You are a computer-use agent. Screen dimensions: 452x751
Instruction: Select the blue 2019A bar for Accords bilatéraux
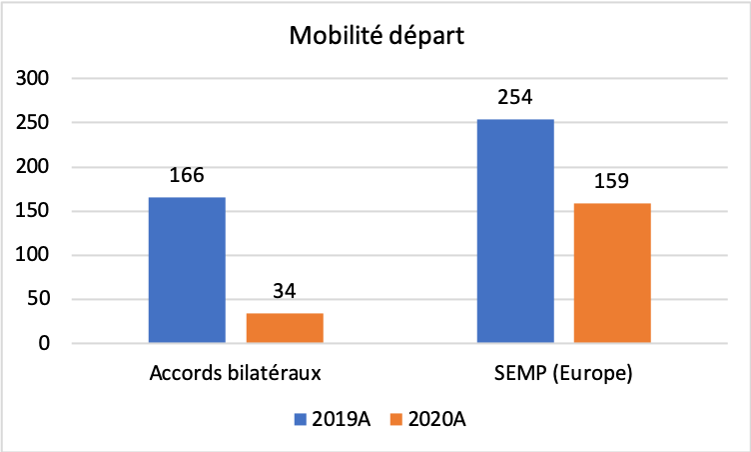[187, 270]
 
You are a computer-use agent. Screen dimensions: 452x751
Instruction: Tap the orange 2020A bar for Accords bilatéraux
[285, 328]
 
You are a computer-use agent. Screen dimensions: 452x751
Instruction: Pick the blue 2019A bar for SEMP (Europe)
[515, 231]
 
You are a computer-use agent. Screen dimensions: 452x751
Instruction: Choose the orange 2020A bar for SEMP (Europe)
[612, 273]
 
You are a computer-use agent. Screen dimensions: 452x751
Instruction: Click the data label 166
[187, 176]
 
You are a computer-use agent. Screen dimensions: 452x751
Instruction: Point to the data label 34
[285, 292]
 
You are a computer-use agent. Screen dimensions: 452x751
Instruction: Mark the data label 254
[515, 98]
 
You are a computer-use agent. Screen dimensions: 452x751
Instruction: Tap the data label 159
[612, 182]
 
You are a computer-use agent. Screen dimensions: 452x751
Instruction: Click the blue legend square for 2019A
[301, 420]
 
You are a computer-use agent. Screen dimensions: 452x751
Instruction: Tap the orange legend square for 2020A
[395, 420]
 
